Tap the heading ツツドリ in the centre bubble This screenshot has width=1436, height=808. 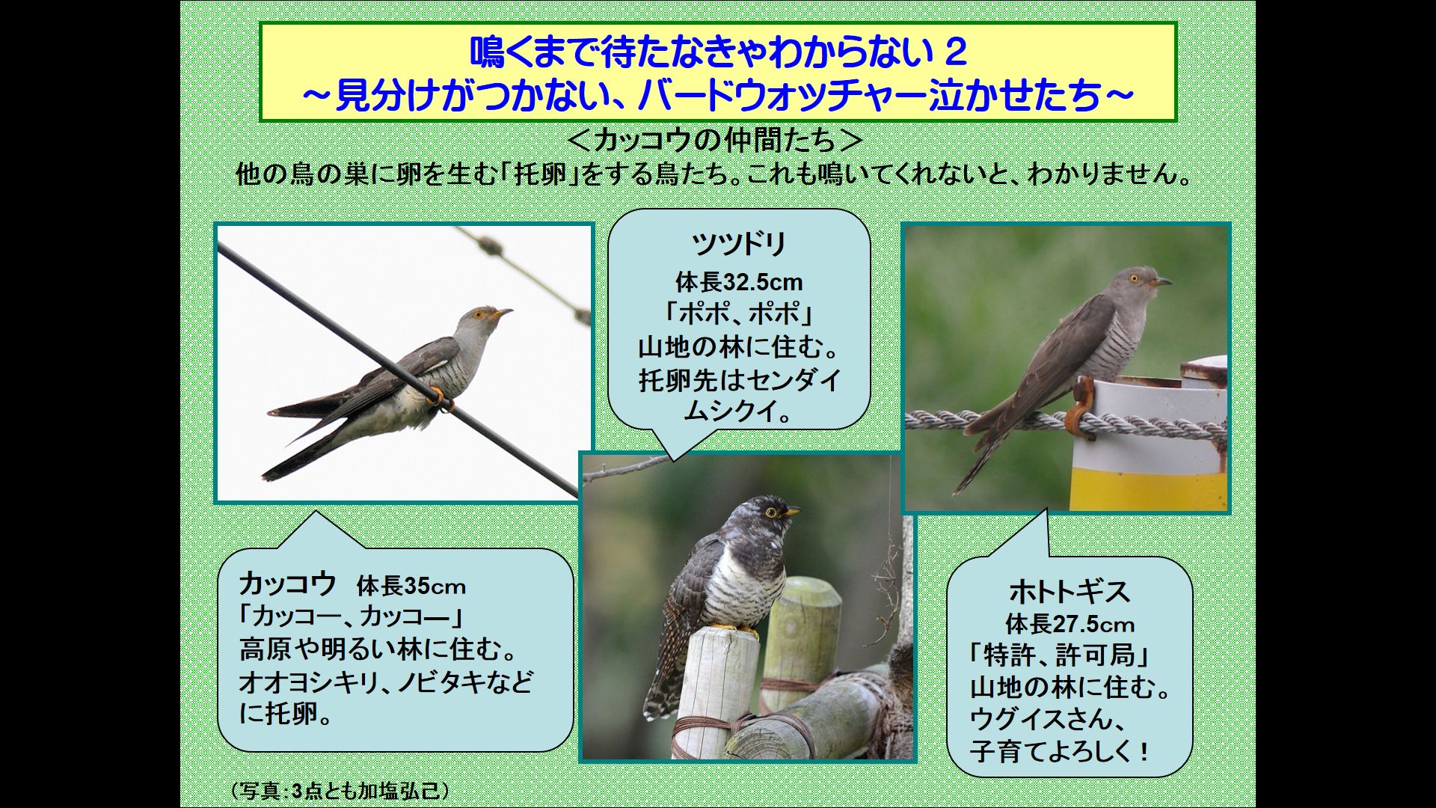tap(739, 245)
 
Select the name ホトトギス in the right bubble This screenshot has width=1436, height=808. tap(1069, 592)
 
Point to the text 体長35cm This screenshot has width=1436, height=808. tap(411, 586)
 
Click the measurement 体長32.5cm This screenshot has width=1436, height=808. tap(739, 283)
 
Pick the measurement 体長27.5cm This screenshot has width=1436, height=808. tap(1070, 624)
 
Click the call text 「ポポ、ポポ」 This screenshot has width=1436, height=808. tap(739, 315)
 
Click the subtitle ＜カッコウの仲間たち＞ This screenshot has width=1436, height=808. tap(717, 140)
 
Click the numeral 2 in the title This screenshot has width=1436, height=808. tap(955, 52)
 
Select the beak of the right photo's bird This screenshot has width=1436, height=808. tap(1162, 282)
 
